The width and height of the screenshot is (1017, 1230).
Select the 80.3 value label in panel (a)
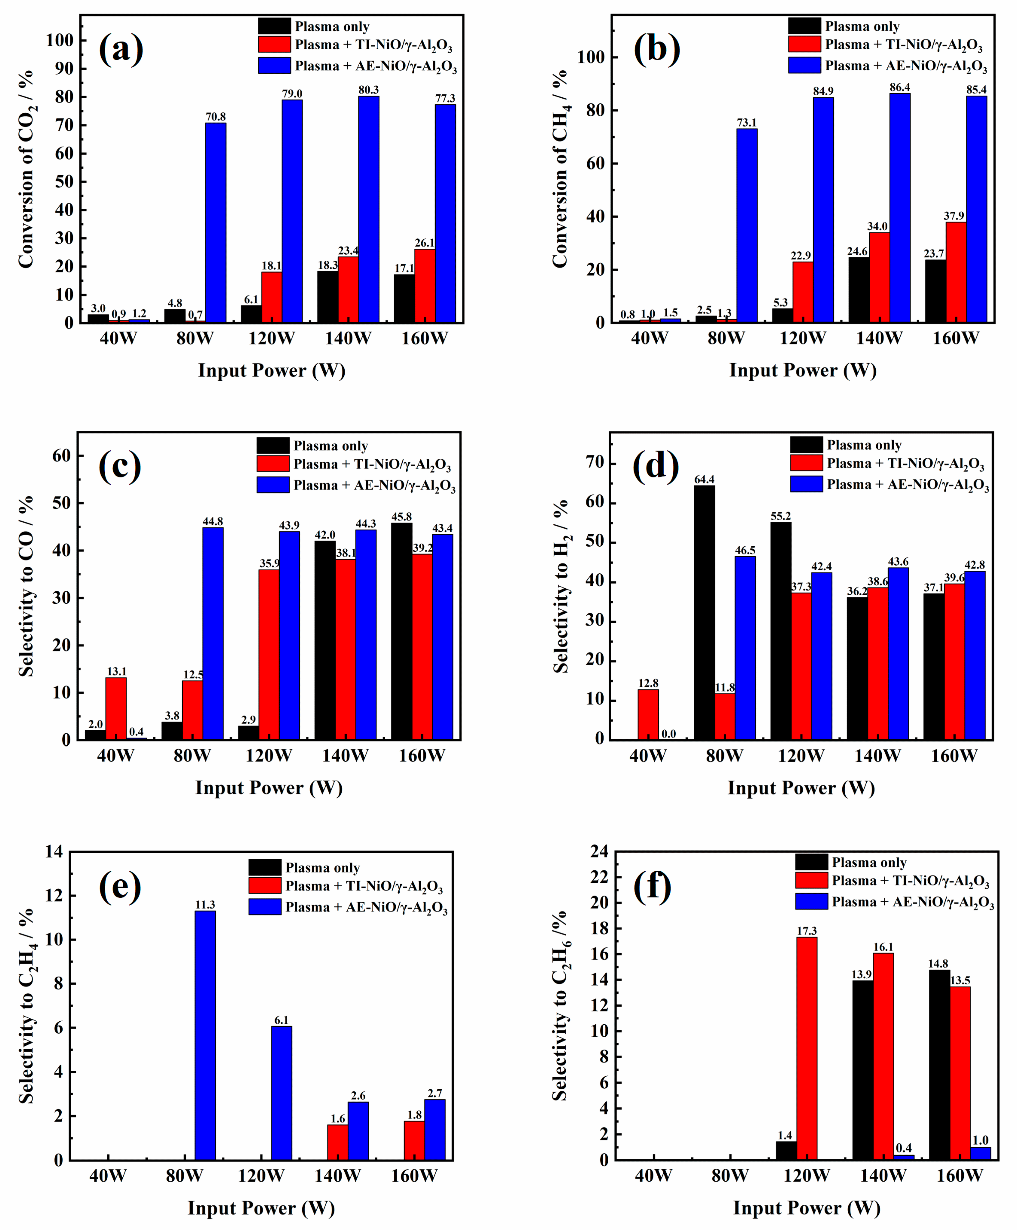tap(368, 90)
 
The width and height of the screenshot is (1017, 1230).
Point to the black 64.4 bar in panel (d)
tap(704, 612)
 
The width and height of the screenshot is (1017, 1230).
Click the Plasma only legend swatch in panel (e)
tap(265, 867)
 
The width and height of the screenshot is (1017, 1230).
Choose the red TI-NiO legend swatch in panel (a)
tap(274, 44)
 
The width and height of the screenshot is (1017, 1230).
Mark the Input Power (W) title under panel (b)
tap(803, 370)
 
